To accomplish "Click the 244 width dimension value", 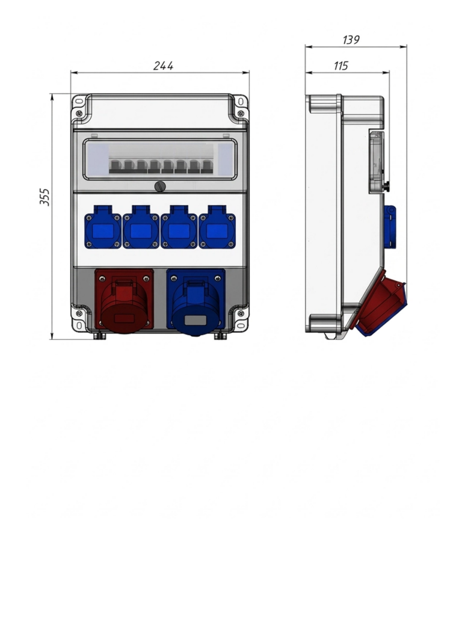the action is point(163,66).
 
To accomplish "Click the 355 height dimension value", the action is point(45,197).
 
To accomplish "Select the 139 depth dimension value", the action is point(351,40).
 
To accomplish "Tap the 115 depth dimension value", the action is point(340,66).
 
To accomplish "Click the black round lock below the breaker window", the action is point(160,186).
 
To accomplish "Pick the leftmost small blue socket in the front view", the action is point(103,227).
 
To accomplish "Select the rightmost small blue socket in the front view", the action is point(217,227).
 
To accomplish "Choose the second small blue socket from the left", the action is point(141,227).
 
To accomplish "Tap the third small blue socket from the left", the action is point(179,227).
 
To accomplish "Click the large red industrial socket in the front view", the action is point(124,301).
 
